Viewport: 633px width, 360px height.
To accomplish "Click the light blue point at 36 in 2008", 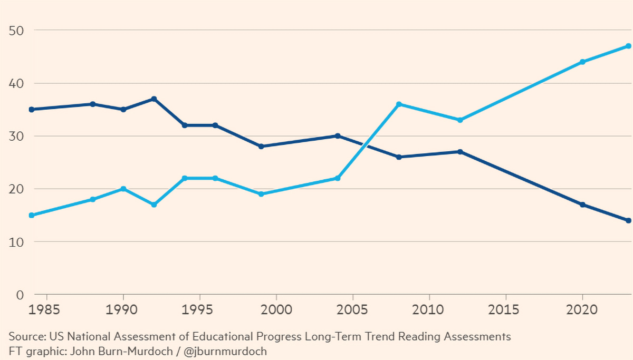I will click(x=399, y=104).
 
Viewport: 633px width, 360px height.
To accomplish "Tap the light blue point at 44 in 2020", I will click(x=582, y=62).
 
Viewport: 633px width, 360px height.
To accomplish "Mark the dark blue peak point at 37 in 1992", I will click(x=154, y=99).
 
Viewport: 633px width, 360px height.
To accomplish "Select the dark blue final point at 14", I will click(x=628, y=220).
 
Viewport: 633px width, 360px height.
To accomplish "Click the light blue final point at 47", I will click(x=628, y=46).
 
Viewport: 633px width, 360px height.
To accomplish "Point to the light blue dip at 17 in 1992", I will click(x=154, y=205).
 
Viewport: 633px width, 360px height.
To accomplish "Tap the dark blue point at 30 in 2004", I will click(x=338, y=136).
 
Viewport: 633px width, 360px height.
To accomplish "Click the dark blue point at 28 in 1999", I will click(x=261, y=147).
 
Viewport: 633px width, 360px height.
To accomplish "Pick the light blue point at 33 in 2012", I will click(x=460, y=120).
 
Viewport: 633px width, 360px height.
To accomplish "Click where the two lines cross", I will click(x=363, y=143).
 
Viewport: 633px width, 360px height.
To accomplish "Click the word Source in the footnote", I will click(x=26, y=336).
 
